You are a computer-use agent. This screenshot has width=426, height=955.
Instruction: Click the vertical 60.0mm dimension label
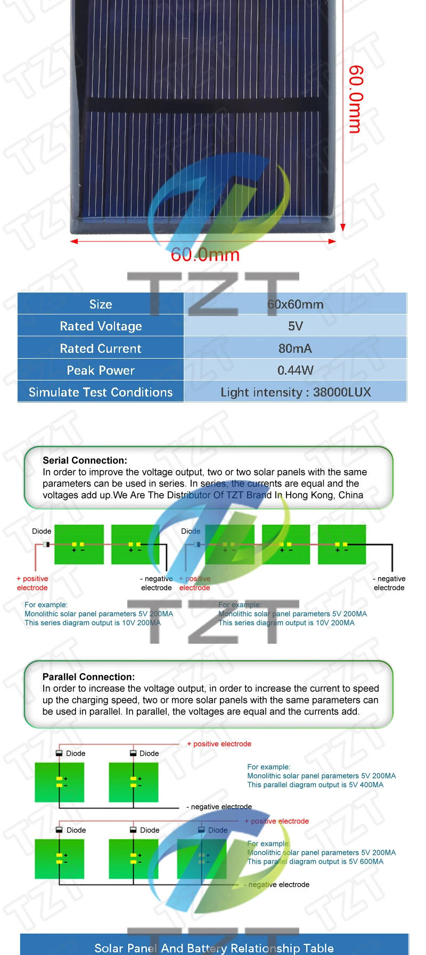click(x=355, y=99)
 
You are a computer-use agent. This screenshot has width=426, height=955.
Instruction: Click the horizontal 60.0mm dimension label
click(x=205, y=255)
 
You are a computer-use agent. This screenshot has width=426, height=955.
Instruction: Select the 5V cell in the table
click(x=296, y=326)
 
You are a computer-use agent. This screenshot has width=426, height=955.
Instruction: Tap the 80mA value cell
click(x=296, y=349)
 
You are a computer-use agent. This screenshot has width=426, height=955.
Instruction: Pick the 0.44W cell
click(x=296, y=370)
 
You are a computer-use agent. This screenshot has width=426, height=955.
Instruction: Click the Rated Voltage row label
click(x=101, y=326)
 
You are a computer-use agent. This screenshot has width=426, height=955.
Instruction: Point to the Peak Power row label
click(x=101, y=370)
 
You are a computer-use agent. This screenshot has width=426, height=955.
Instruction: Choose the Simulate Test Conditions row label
click(x=101, y=392)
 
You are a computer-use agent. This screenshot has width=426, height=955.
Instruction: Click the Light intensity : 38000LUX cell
click(x=296, y=392)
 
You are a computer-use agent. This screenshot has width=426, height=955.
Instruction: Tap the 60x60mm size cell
click(x=296, y=304)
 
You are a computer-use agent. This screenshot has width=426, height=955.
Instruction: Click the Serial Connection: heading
click(x=85, y=460)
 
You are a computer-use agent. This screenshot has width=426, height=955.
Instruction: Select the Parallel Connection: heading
click(x=88, y=677)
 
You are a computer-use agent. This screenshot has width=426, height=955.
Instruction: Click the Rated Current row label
click(x=101, y=349)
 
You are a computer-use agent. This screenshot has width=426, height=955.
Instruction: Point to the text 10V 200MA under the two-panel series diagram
click(x=141, y=622)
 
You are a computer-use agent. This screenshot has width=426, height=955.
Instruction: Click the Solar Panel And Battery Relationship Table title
click(x=214, y=948)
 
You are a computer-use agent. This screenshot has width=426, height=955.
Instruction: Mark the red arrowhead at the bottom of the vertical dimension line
click(x=343, y=228)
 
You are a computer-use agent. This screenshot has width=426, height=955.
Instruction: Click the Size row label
click(x=101, y=304)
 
